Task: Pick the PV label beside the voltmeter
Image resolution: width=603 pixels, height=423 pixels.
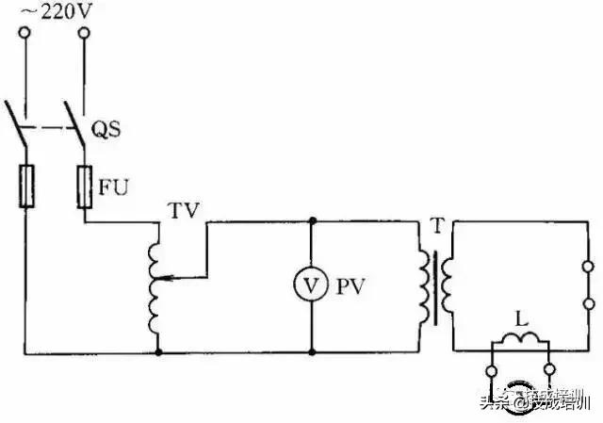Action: (351, 287)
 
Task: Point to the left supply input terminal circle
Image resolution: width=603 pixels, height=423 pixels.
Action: (24, 33)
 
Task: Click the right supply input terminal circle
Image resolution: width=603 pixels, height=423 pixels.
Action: (85, 33)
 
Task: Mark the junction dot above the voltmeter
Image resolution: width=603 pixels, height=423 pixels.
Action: (311, 221)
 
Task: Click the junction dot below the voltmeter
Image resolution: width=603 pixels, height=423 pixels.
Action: (311, 351)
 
